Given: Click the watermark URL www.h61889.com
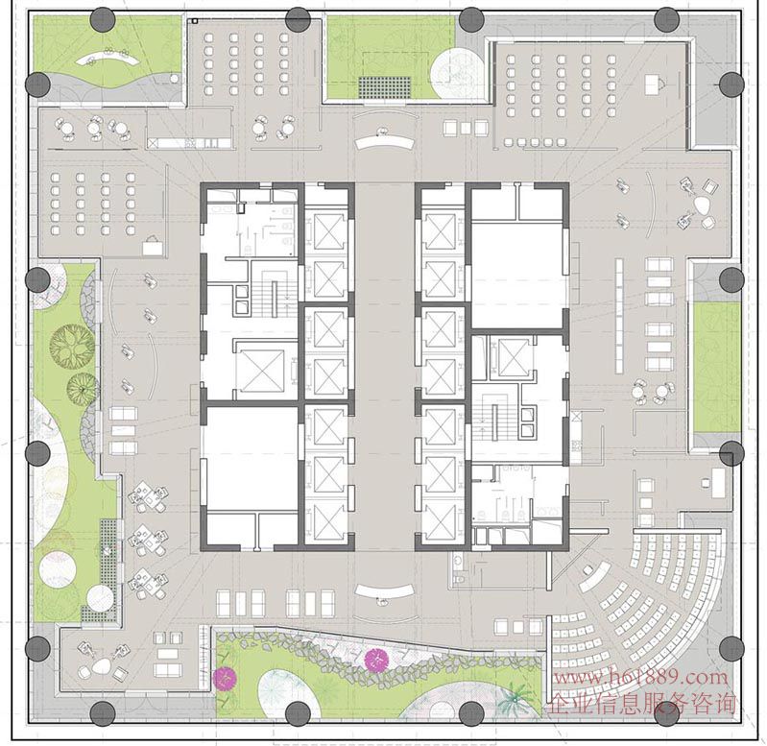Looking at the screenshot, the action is coord(640,678).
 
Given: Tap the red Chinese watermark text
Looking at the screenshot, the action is coord(641,704).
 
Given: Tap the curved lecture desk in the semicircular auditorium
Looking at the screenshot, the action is coord(594,577).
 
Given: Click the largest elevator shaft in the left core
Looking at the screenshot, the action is coord(259,372).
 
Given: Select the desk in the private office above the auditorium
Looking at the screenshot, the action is coord(718,482).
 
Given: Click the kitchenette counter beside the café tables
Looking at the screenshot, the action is coord(189,142).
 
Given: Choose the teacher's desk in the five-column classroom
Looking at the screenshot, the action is coord(652,84).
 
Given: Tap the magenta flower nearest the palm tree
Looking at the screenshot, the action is coord(376,660).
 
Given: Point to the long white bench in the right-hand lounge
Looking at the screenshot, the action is coord(619,315).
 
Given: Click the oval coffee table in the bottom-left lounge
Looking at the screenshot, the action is coord(101,665).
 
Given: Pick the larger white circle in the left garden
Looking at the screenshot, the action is coord(58,570).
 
